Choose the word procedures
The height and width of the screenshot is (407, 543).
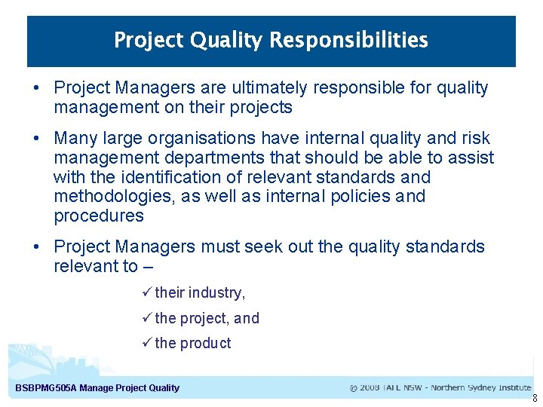point(98,216)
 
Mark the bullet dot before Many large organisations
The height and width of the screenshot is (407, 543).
point(36,139)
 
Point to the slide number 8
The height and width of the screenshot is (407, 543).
point(535,399)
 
